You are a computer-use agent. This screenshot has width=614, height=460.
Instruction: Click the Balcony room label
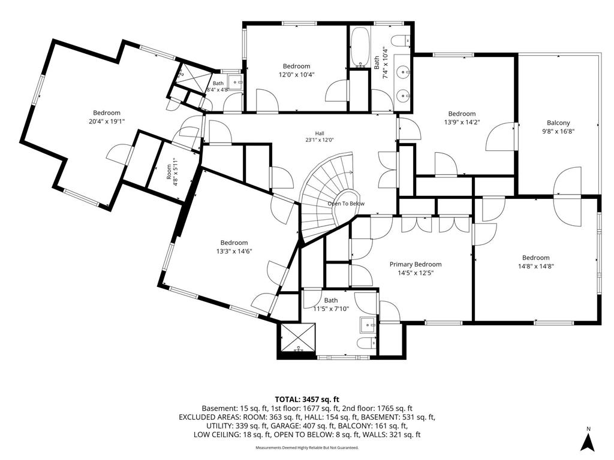click(558, 123)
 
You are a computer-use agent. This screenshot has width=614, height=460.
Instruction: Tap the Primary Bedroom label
click(416, 264)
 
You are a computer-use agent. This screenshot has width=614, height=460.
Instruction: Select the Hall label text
click(320, 134)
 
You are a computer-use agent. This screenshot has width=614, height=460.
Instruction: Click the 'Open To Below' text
click(346, 204)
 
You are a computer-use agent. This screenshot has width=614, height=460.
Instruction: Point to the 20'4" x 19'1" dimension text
click(107, 121)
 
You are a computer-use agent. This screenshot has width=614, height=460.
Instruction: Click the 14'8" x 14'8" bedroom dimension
click(535, 266)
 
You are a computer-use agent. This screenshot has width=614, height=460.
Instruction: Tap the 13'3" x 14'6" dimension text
click(234, 251)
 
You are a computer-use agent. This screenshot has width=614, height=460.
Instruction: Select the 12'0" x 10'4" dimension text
click(296, 74)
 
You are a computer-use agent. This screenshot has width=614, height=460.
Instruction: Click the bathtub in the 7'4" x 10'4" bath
click(360, 47)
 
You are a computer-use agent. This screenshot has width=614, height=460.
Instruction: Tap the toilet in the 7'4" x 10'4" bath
click(401, 40)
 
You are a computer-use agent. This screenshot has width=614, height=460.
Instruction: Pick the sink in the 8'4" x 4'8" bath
click(235, 82)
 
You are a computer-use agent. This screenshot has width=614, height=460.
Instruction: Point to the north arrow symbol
click(588, 439)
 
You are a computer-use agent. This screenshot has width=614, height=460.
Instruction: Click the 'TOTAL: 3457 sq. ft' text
click(307, 400)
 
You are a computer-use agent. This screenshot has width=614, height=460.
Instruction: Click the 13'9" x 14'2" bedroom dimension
click(462, 122)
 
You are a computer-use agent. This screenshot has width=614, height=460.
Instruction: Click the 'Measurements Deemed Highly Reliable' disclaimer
click(307, 447)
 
